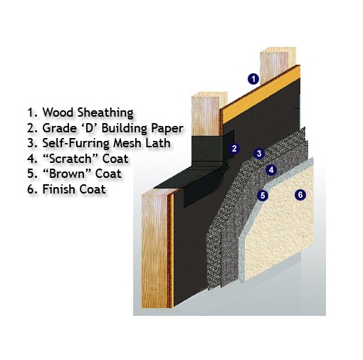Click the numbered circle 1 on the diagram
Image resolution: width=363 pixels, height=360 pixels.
[x=253, y=79]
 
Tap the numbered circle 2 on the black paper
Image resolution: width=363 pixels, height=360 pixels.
[x=234, y=149]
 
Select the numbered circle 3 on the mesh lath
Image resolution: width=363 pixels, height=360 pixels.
[x=259, y=154]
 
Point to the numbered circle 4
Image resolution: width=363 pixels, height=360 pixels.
[x=271, y=170]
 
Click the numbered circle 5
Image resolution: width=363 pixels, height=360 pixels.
[x=263, y=196]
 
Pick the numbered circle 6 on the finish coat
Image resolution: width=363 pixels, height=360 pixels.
[x=300, y=195]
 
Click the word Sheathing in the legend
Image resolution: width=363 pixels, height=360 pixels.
[x=105, y=113]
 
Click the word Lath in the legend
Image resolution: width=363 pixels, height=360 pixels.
[x=158, y=143]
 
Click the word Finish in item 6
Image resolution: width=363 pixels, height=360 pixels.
[x=59, y=189]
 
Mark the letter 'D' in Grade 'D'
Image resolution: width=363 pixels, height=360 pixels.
[x=88, y=127]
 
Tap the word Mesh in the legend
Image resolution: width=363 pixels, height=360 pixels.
[x=127, y=143]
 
